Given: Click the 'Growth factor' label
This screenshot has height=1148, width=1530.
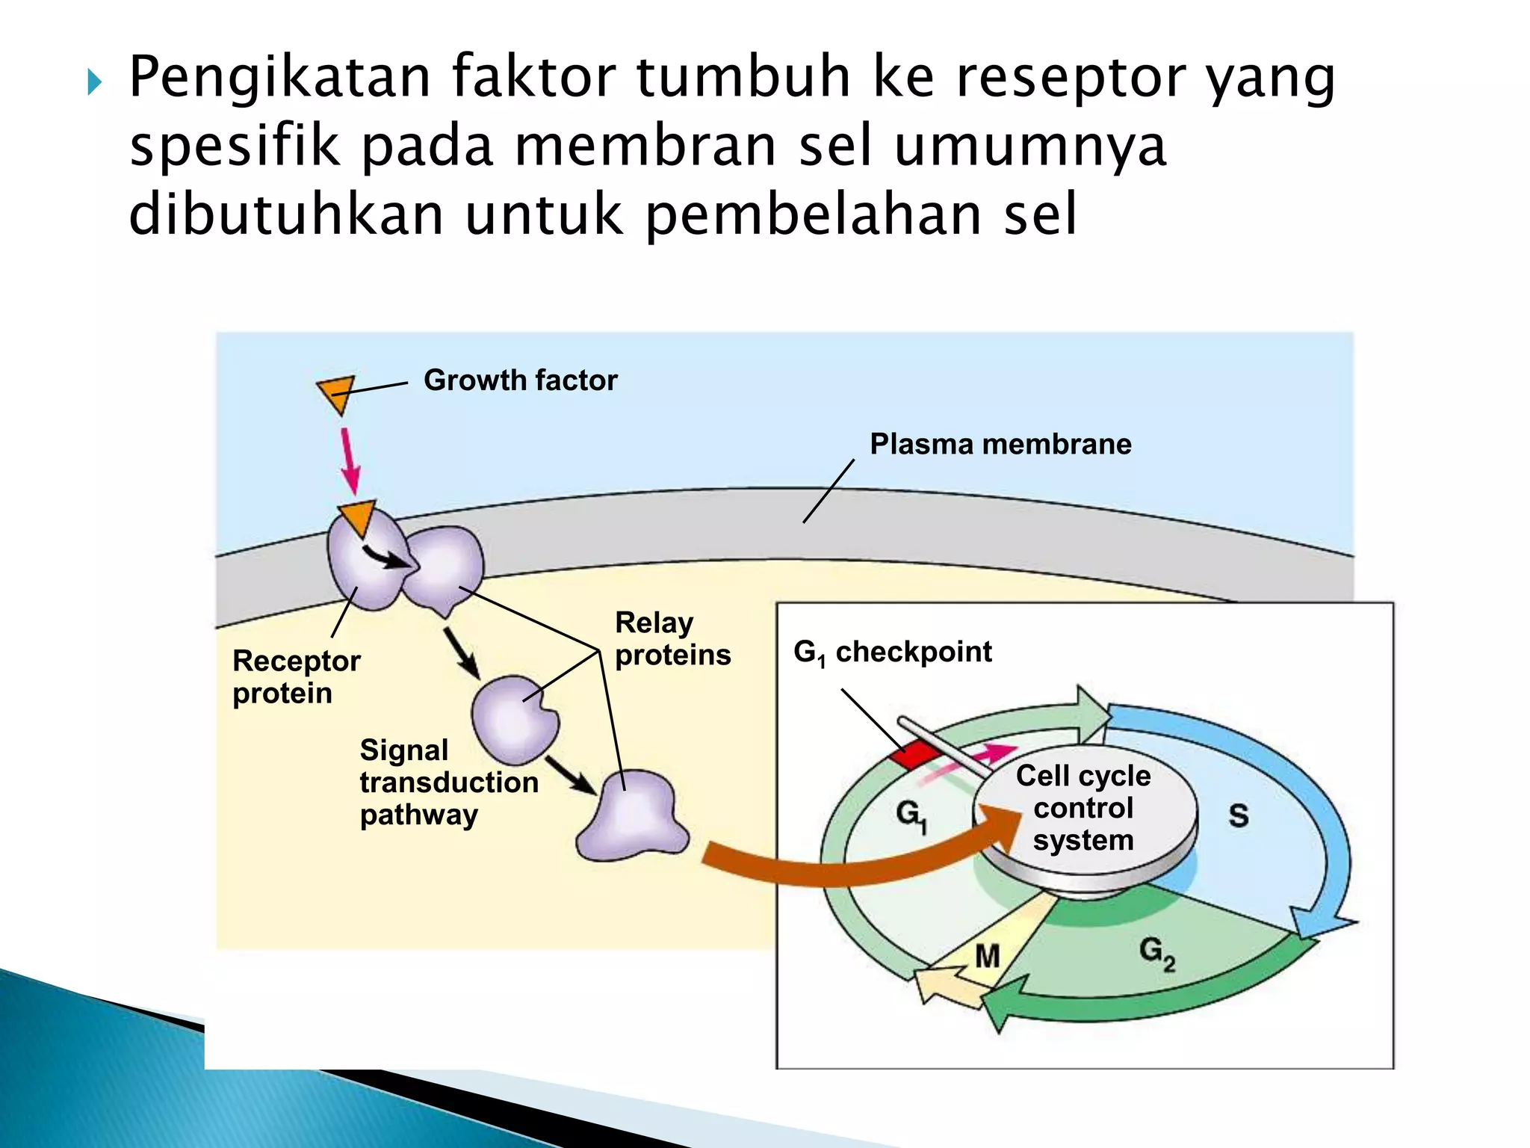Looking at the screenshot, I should point(520,380).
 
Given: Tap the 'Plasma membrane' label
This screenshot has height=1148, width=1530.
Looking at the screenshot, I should point(1000,444).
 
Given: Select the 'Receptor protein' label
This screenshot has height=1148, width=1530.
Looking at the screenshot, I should point(296,677).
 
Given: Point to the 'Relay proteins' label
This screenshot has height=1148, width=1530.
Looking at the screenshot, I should point(672,639).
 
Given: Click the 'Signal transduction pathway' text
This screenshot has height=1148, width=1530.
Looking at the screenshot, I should point(448,783).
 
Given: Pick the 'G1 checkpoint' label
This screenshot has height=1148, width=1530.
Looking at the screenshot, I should point(892,652).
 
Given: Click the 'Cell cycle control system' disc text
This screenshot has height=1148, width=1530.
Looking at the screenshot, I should point(1083,808).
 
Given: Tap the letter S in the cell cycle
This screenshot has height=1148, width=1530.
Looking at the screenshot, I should point(1238,815).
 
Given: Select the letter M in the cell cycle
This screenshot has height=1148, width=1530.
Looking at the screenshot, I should point(987,956).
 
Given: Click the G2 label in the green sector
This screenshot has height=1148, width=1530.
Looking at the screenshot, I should point(1156,953).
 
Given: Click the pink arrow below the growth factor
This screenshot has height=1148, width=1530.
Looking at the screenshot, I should point(349,460).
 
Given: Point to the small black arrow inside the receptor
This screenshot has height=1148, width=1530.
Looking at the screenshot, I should point(385,558).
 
